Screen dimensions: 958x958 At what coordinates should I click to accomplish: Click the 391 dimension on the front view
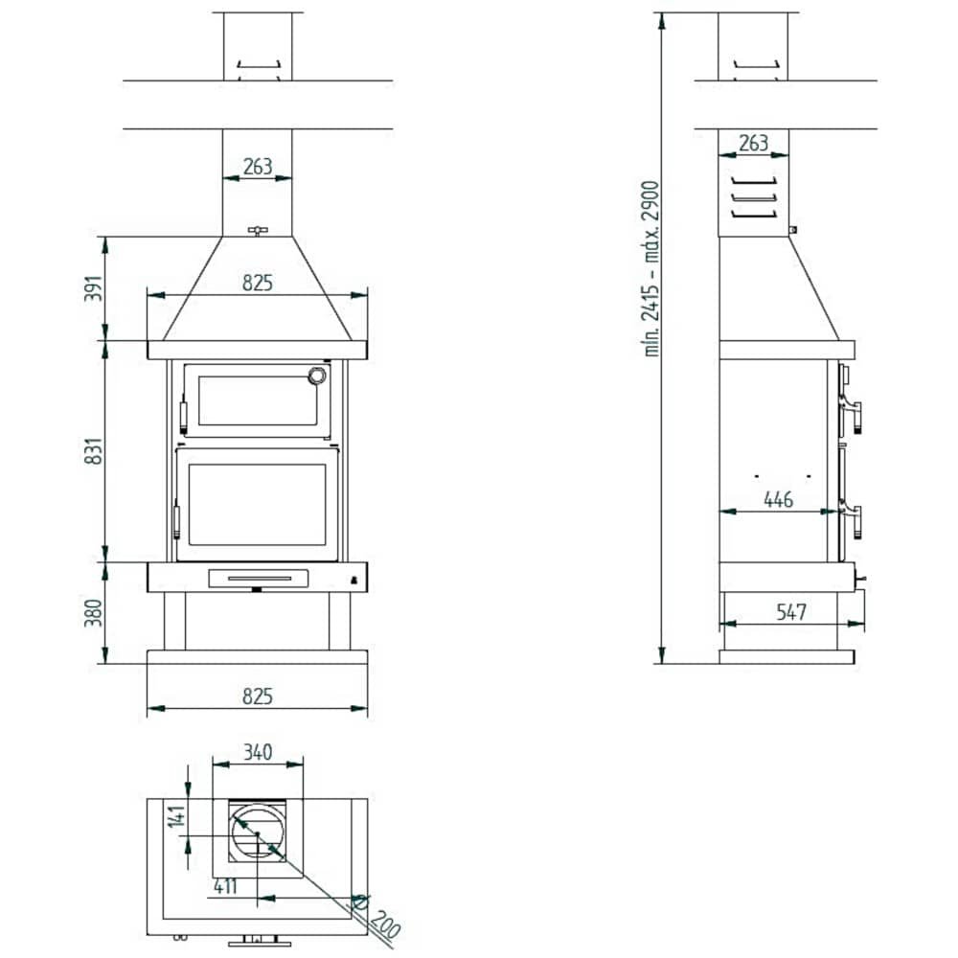pos(94,288)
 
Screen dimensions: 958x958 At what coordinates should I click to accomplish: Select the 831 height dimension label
pos(94,451)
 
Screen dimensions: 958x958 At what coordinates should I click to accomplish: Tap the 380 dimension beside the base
pos(94,613)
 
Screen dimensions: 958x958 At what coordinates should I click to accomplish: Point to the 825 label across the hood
pos(257,283)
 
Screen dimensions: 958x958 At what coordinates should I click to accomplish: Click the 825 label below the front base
pos(257,696)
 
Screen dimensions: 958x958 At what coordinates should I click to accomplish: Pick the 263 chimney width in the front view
pos(257,166)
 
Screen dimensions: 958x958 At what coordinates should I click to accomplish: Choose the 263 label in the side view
pos(753,143)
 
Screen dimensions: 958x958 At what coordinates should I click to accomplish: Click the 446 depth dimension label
pos(778,500)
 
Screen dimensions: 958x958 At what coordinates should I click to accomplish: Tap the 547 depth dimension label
pos(791,611)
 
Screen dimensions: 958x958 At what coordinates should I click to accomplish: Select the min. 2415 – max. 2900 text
pos(651,269)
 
